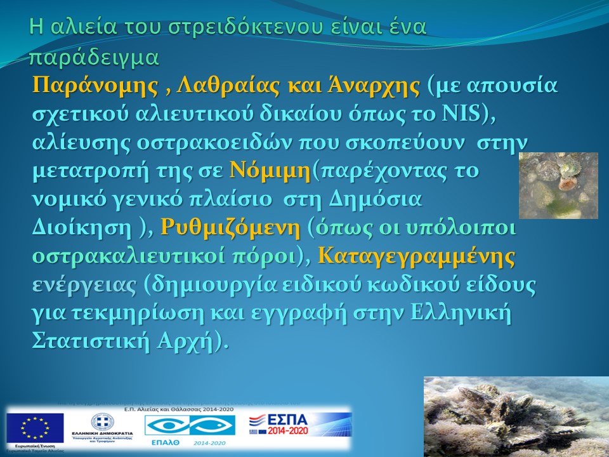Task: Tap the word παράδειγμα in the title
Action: pyautogui.click(x=93, y=56)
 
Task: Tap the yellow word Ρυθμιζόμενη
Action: pyautogui.click(x=230, y=228)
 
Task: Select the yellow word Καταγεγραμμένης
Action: pyautogui.click(x=416, y=256)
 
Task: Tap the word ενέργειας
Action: pyautogui.click(x=84, y=285)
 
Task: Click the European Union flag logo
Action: pyautogui.click(x=36, y=427)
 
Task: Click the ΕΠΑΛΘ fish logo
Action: pyautogui.click(x=190, y=427)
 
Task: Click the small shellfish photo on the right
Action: pyautogui.click(x=558, y=185)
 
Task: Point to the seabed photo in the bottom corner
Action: pyautogui.click(x=516, y=416)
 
